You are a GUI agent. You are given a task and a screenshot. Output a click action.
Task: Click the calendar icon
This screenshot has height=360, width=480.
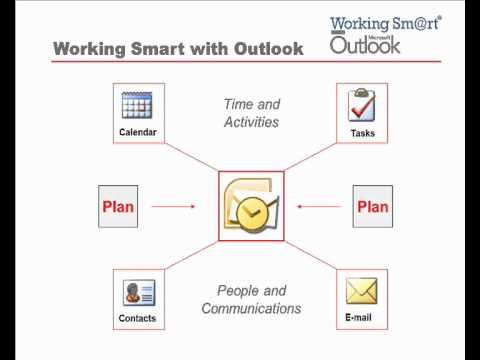136,105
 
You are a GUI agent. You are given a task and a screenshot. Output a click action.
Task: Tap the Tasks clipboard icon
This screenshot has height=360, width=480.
362,105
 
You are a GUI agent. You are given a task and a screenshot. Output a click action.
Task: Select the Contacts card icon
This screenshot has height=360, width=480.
138,292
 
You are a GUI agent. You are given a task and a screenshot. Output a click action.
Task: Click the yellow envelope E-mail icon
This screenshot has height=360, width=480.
362,291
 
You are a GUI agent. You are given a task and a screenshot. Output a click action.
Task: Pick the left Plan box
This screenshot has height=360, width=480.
118,207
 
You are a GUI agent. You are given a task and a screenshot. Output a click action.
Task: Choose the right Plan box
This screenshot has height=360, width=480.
372,207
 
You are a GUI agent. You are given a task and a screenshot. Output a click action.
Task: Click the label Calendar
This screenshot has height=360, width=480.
138,132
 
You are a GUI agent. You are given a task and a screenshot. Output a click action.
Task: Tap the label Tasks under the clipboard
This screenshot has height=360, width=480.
362,132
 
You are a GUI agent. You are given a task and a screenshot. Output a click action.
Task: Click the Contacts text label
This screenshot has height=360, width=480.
138,319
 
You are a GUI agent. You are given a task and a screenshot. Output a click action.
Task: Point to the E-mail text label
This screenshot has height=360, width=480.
362,319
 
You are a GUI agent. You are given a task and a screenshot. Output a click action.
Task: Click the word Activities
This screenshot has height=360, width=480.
250,122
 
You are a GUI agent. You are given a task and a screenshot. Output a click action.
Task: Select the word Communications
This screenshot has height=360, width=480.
251,309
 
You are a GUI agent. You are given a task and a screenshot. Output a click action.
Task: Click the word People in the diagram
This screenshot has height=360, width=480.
238,290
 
